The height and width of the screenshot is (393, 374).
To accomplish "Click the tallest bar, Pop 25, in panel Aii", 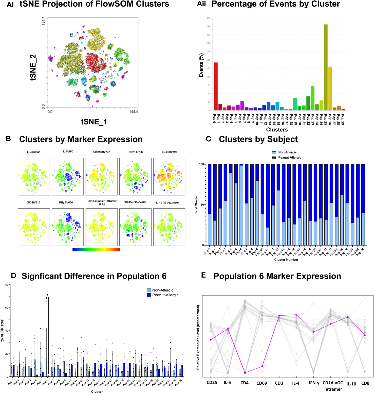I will pyautogui.click(x=326, y=67).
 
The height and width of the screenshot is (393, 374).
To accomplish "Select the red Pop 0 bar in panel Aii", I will pyautogui.click(x=216, y=86).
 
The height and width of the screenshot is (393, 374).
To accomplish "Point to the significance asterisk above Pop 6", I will pyautogui.click(x=47, y=295).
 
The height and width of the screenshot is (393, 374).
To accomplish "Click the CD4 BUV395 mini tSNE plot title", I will pyautogui.click(x=169, y=152).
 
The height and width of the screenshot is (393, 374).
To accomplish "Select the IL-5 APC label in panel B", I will pyautogui.click(x=68, y=151).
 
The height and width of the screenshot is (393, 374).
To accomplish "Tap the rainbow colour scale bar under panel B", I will pyautogui.click(x=96, y=249).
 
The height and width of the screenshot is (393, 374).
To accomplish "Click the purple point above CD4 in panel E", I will pyautogui.click(x=245, y=373).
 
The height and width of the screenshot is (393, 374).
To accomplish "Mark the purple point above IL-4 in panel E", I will pyautogui.click(x=296, y=315).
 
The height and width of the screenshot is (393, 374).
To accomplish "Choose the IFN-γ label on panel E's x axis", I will pyautogui.click(x=314, y=383).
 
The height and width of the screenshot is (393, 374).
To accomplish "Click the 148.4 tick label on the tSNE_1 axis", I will pyautogui.click(x=134, y=112).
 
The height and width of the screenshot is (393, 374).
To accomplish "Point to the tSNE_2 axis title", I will pyautogui.click(x=33, y=67).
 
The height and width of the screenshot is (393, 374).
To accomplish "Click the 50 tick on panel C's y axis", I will pyautogui.click(x=202, y=205).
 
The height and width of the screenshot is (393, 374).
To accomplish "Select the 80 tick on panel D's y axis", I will pyautogui.click(x=7, y=285).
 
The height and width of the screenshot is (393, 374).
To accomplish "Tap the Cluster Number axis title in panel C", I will pyautogui.click(x=286, y=260).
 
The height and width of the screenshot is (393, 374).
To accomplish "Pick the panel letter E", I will pyautogui.click(x=203, y=275).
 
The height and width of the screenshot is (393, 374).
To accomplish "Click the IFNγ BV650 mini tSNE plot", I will pyautogui.click(x=68, y=227).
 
